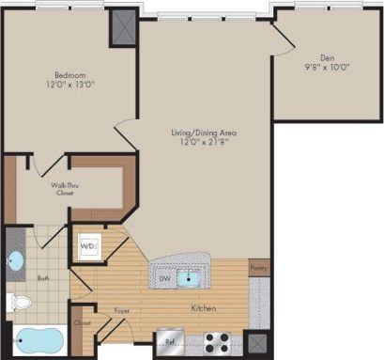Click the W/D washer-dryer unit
(89, 247)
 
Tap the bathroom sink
(16, 258)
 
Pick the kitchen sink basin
(192, 277)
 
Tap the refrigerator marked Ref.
(171, 342)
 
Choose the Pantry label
(259, 268)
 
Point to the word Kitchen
(205, 307)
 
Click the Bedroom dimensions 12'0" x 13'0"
(70, 85)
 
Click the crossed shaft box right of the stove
(255, 343)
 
